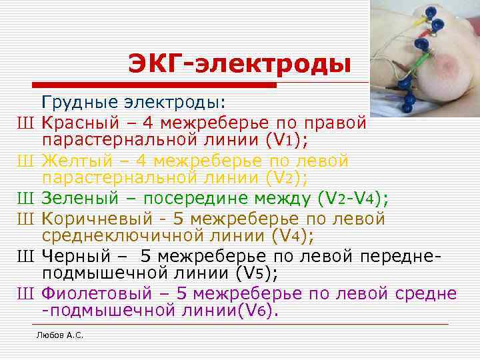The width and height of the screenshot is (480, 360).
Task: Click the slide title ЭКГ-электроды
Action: (240, 65)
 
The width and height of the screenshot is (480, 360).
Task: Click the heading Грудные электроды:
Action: (133, 103)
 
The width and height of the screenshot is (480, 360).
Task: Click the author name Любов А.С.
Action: (59, 335)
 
